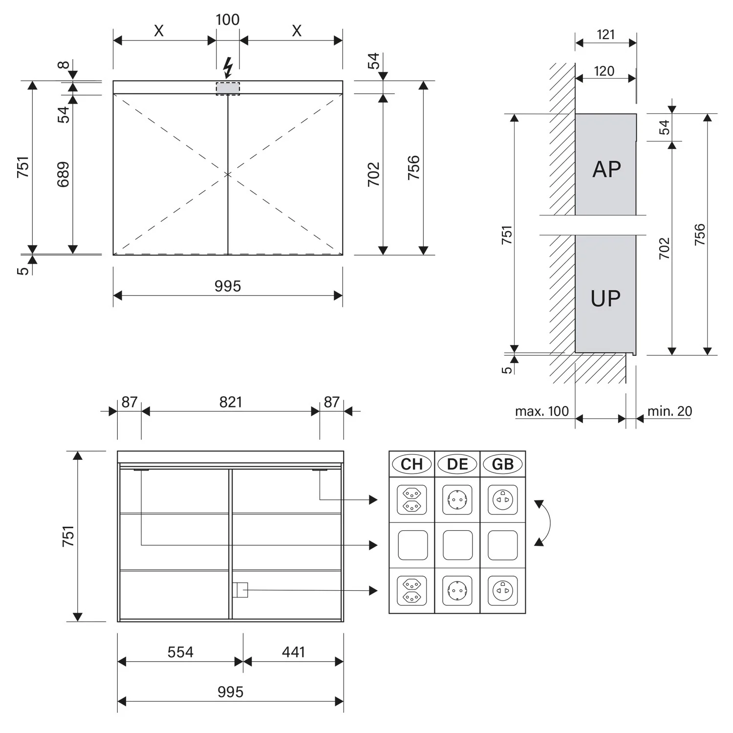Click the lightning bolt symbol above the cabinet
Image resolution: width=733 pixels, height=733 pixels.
tap(228, 68)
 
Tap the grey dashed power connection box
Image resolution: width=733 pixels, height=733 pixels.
tap(228, 88)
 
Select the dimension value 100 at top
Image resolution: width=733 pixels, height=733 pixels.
tap(228, 20)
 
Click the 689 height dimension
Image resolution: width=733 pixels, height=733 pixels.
tap(64, 174)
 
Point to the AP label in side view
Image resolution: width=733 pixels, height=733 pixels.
tap(606, 170)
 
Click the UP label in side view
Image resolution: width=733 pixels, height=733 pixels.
tap(605, 298)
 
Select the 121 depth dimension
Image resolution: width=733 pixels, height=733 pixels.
tap(606, 35)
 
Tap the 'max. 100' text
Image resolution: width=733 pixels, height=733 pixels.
tap(542, 411)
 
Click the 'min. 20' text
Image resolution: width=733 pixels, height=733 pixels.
tap(669, 411)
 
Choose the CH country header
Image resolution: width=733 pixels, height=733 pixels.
tap(412, 464)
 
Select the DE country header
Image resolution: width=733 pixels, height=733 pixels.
tap(457, 464)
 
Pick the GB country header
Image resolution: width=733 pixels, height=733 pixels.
tap(503, 464)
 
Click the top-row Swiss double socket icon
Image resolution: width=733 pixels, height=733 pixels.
tap(412, 500)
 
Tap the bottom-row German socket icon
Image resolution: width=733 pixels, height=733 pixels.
tap(457, 590)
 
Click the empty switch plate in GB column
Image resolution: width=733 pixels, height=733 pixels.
tap(503, 545)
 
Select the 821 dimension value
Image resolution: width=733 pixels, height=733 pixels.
tap(231, 402)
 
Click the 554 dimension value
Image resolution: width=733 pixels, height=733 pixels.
tap(180, 652)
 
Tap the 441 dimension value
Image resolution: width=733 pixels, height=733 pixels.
tap(293, 652)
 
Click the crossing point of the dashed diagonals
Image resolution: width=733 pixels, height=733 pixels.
tap(228, 174)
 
